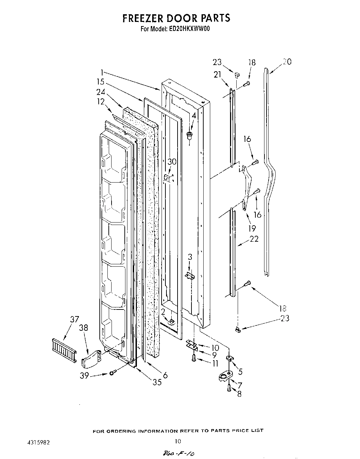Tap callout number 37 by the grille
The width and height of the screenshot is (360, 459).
coord(74,319)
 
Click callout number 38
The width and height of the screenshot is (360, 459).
coord(83,328)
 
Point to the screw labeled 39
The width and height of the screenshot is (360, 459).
coord(112,373)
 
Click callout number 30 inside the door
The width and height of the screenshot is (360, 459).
coord(172,161)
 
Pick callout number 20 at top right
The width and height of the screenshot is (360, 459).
coord(287,62)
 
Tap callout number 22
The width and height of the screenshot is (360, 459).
coord(254,239)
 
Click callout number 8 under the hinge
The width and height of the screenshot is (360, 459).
coord(239,394)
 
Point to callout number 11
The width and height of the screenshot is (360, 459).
coord(215,364)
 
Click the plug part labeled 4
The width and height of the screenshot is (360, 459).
coord(190,135)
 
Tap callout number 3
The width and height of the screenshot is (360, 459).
coord(190,257)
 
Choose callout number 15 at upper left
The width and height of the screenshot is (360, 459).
coord(101,82)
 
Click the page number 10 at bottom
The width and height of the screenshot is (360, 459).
coord(178,441)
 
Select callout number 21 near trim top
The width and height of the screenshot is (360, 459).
coord(218,74)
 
